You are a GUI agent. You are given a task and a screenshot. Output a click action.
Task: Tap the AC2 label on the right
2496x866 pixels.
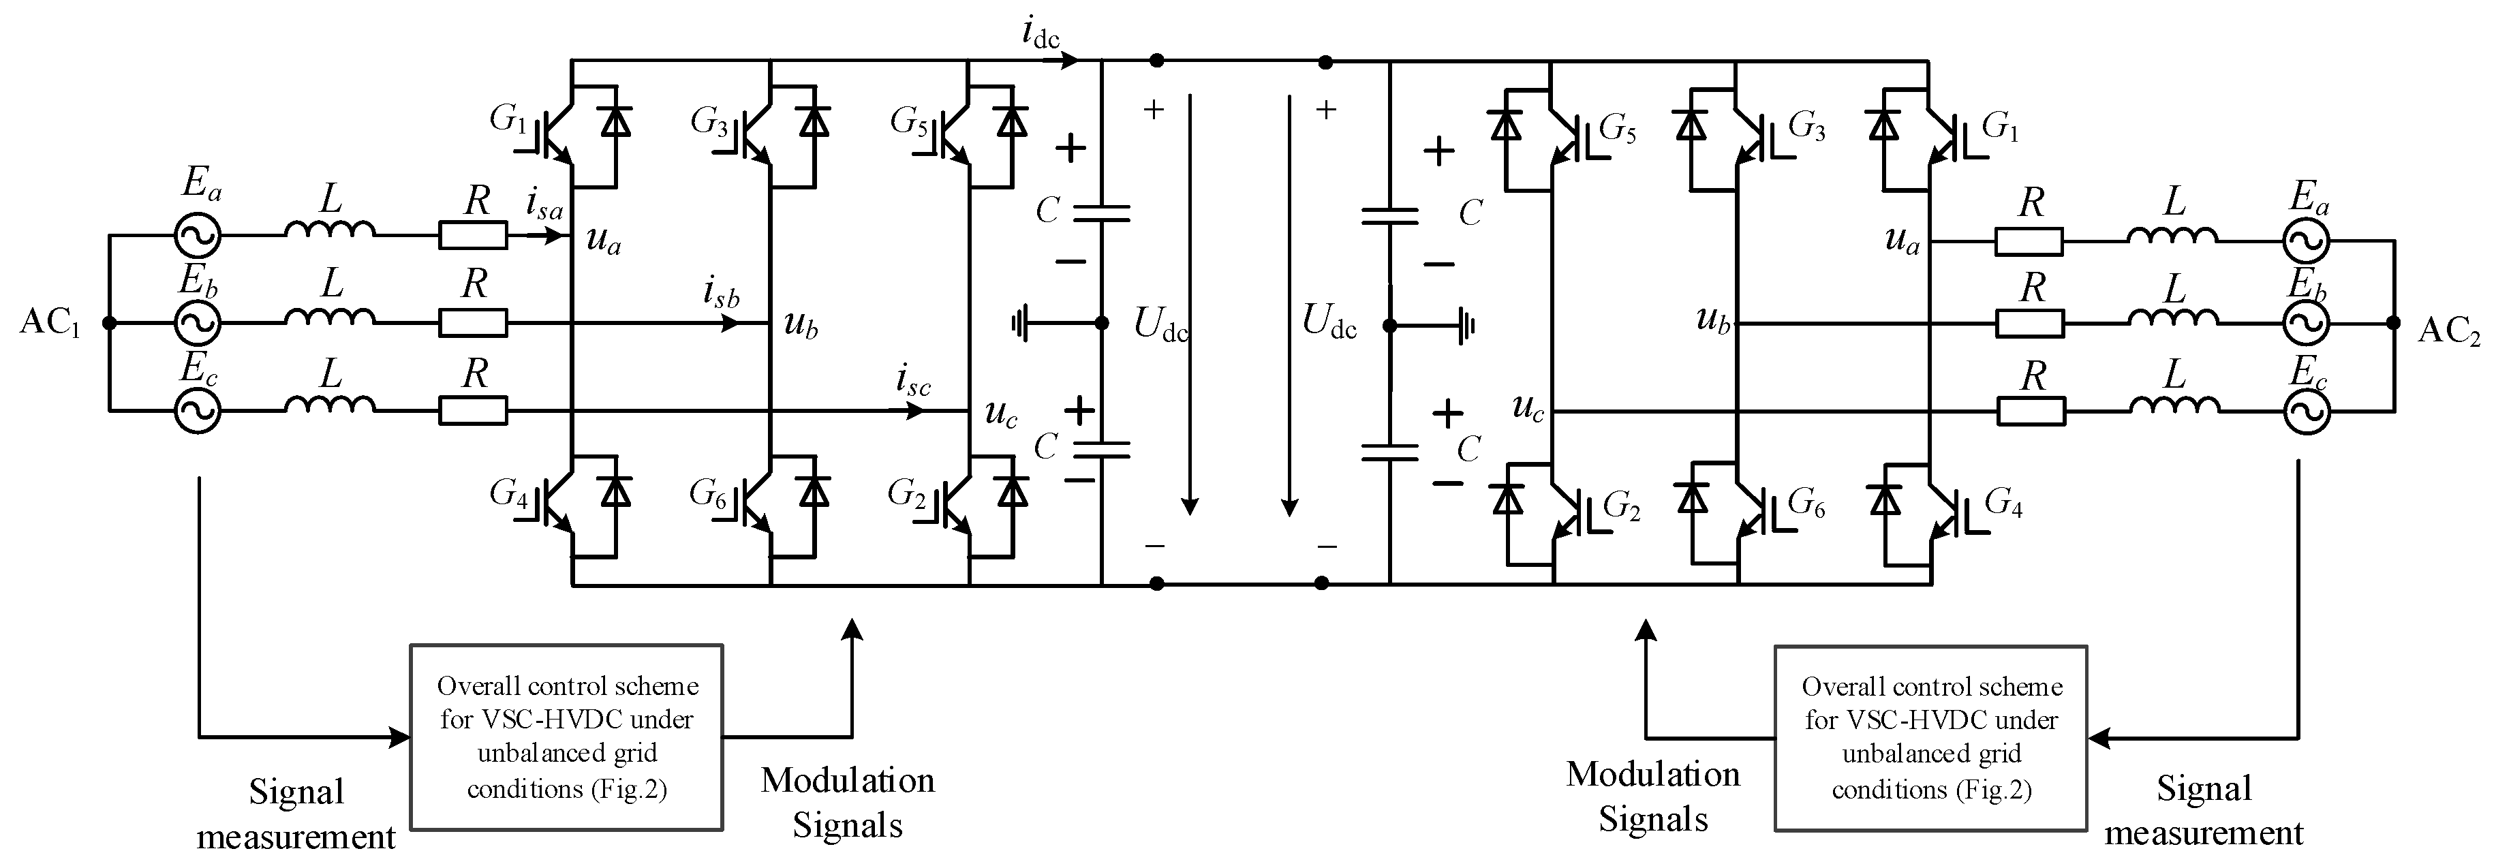coord(2448,331)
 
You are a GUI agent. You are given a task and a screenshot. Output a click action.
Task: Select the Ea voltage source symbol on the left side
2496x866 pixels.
coord(198,234)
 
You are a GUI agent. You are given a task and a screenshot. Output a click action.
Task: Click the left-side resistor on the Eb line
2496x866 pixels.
coord(473,322)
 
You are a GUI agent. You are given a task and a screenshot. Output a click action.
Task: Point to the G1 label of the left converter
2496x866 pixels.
coord(508,120)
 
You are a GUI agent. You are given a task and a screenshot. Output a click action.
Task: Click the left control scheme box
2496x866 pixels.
coord(567,737)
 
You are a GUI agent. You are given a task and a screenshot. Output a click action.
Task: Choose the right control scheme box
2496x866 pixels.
coord(1930,738)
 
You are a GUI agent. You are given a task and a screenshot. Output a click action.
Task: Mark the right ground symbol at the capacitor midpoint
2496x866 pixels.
coord(1464,326)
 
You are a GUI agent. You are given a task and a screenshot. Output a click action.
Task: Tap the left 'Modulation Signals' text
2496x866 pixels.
coord(848,802)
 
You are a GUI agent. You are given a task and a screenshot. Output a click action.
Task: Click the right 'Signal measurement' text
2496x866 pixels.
coord(2204,811)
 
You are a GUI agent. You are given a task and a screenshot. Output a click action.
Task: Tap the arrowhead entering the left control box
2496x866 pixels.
coord(399,737)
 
